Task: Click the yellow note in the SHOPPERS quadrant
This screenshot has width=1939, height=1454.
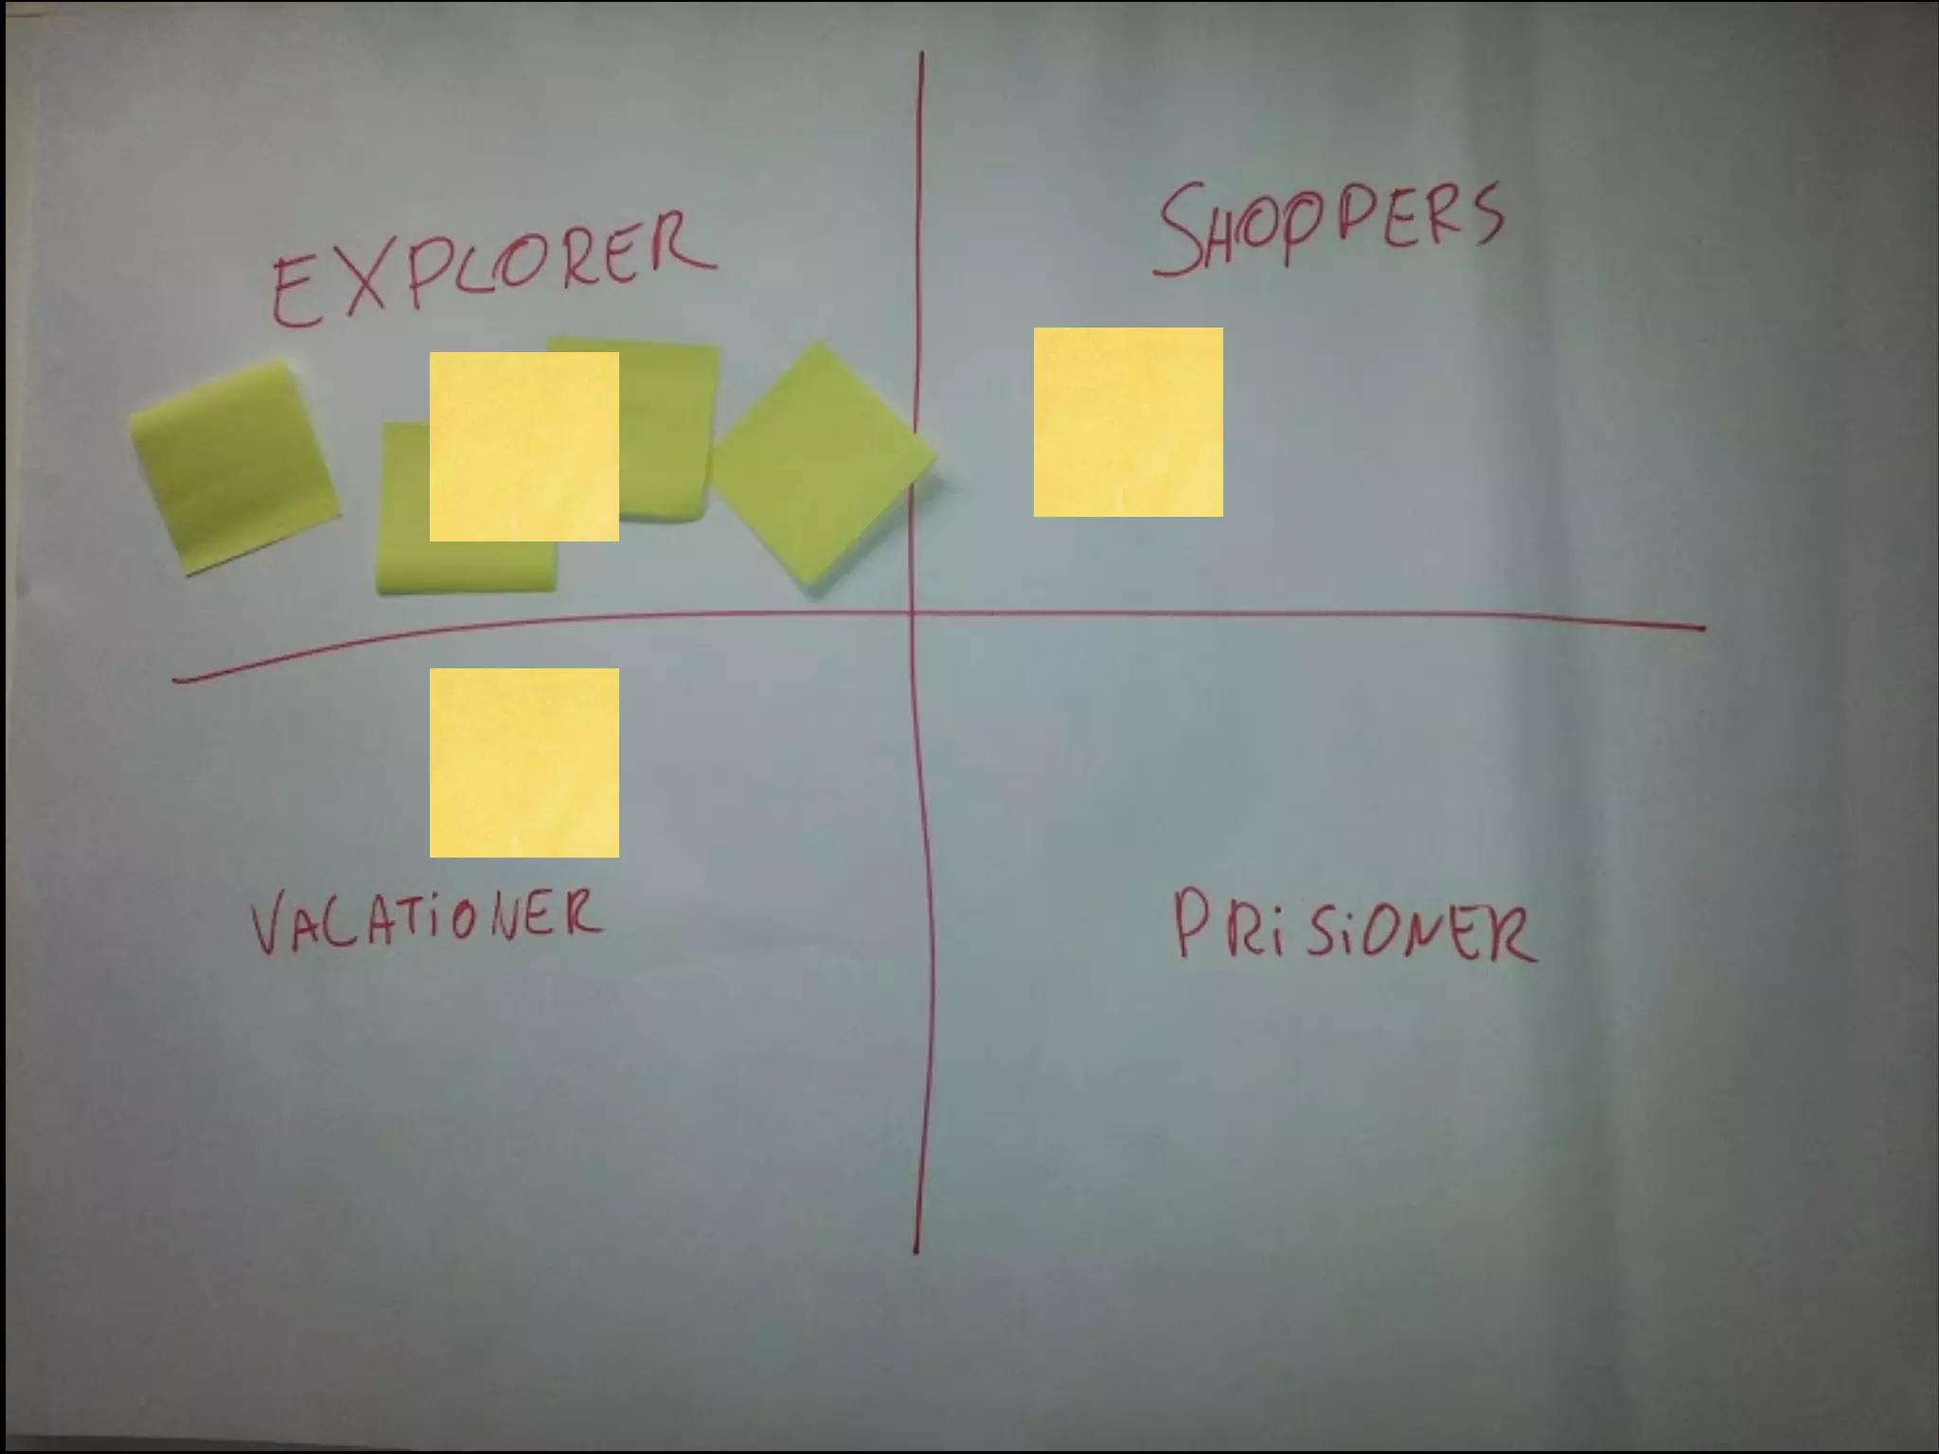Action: (1128, 422)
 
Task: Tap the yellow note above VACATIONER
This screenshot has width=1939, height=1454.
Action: (524, 763)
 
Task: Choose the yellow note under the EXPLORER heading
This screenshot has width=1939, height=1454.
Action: (524, 447)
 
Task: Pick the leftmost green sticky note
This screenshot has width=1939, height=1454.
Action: (233, 466)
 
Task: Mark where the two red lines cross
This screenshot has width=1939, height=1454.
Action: (914, 614)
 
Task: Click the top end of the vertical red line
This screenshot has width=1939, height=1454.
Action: (921, 55)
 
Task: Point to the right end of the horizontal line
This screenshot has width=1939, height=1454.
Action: (1702, 627)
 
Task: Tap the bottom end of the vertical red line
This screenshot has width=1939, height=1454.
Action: (916, 1251)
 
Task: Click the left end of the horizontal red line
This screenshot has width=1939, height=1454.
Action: (176, 679)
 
